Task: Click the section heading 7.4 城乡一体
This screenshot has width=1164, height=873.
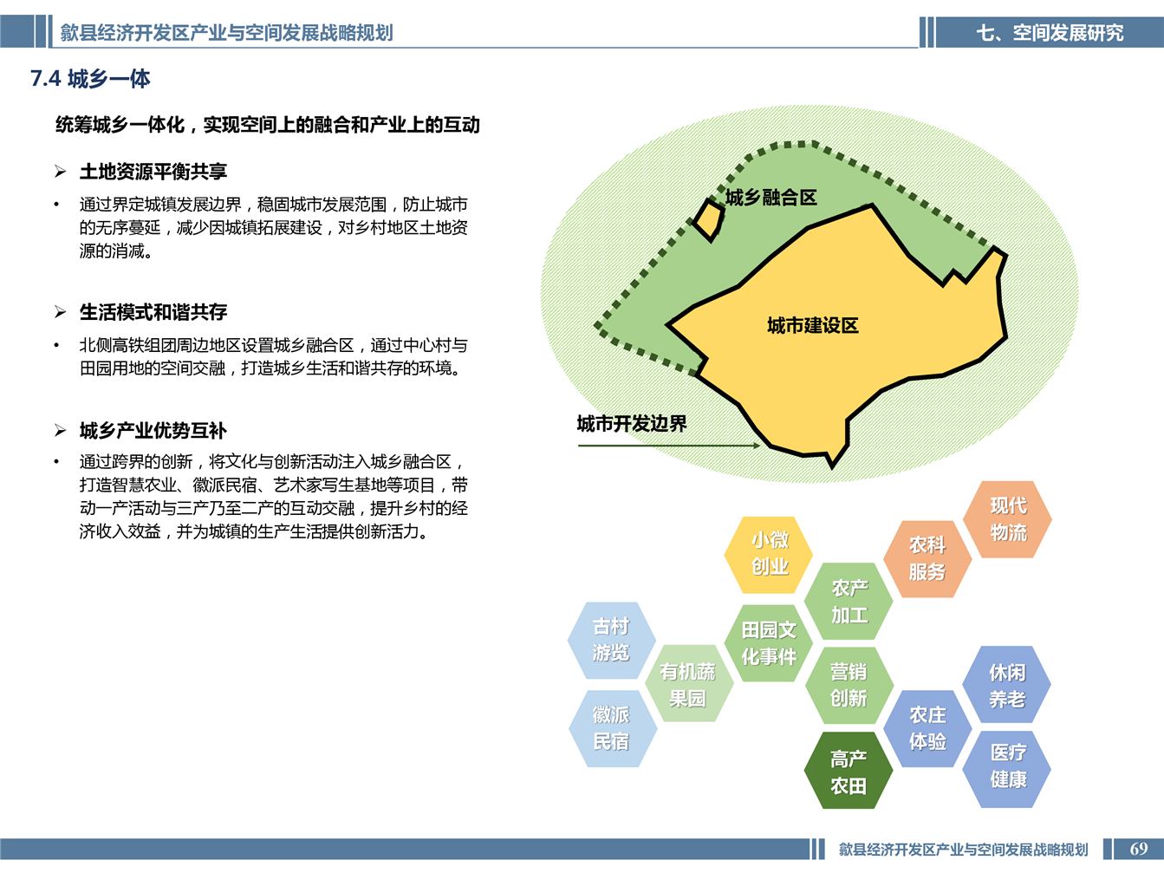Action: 90,79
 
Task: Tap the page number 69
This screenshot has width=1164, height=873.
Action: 1138,849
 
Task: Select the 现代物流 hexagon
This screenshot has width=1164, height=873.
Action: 1008,519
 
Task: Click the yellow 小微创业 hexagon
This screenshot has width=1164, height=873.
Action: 769,554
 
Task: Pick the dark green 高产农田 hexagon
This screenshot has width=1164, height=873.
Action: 849,771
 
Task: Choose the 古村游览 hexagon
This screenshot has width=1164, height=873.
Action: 611,640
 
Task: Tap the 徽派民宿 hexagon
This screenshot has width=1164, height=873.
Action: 613,728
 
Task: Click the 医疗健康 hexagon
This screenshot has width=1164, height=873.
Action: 1007,769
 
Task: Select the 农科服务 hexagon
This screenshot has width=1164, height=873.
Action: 927,558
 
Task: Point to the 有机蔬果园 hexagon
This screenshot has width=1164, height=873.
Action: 689,684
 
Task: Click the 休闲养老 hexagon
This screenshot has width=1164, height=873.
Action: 1007,684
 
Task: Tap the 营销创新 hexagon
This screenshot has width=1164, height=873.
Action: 849,685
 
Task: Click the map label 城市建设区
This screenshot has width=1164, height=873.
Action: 812,325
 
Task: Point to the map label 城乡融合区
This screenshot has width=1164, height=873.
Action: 771,198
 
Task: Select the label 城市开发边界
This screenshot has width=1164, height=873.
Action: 632,423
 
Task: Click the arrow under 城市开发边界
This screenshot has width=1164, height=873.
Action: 669,446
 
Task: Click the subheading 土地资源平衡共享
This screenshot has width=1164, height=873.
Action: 153,172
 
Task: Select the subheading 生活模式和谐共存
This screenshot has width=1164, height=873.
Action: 153,312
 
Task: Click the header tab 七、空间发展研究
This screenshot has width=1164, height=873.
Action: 1050,32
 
